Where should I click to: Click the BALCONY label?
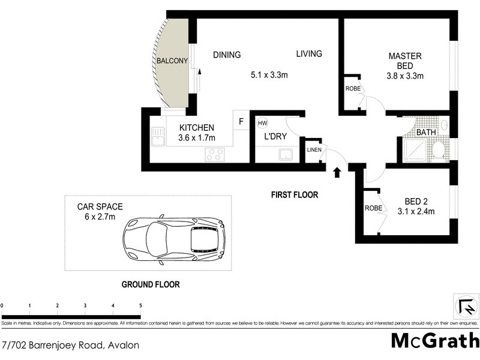pos(173,61)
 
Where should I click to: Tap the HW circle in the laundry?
pos(262,123)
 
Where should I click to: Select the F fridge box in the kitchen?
pos(241,121)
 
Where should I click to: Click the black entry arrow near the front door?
pos(337,173)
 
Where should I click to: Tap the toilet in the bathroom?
pos(438,149)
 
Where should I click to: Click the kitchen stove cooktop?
pos(214,154)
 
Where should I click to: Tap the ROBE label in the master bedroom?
pos(352,88)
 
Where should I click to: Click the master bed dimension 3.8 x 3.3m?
pos(405,76)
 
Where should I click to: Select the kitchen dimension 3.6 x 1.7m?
pos(196,138)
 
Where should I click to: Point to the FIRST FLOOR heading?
pos(294,195)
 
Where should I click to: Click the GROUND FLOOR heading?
pos(151,284)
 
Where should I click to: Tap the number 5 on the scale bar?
pos(140,306)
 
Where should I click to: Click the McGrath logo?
pos(434,340)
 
